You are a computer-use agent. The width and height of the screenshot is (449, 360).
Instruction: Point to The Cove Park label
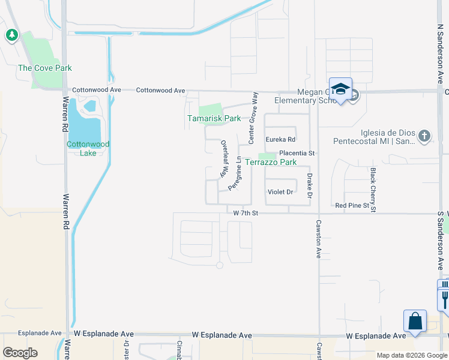click(45, 68)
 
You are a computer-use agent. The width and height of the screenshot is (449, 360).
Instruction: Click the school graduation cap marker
click(340, 89)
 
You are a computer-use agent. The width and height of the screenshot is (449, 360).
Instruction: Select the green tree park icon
click(11, 35)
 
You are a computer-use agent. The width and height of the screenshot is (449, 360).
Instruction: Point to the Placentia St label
click(297, 153)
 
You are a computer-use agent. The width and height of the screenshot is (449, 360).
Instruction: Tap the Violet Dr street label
click(280, 192)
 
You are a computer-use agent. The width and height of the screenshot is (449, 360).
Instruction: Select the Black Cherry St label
click(373, 190)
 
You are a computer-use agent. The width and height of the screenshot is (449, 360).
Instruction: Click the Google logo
click(20, 353)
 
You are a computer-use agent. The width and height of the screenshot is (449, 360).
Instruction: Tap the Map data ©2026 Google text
click(411, 355)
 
